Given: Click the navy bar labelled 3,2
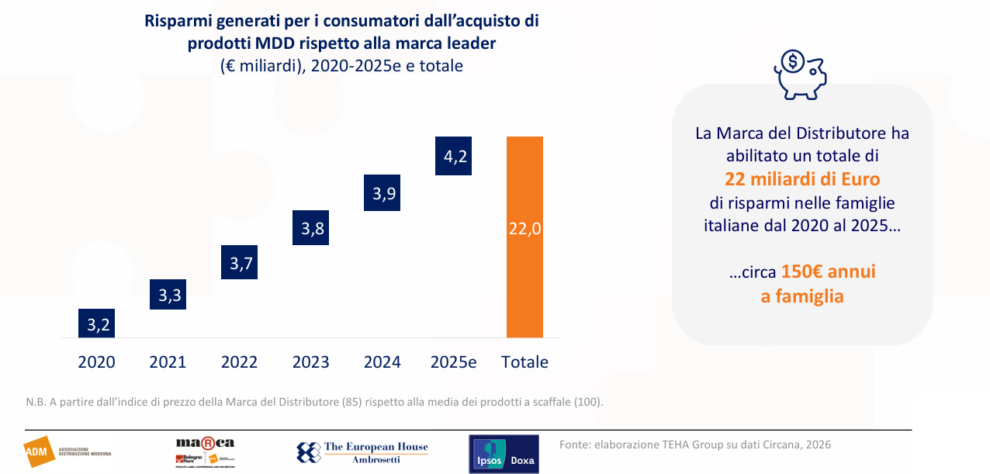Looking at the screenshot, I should [x=98, y=323].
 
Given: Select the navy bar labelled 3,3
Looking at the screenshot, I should [x=168, y=294].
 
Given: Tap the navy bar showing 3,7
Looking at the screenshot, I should [x=240, y=263].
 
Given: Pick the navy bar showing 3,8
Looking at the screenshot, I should [x=311, y=228].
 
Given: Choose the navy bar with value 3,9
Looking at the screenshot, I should [x=382, y=193].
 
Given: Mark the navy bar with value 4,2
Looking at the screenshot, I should [x=454, y=156].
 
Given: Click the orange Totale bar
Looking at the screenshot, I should [x=524, y=237].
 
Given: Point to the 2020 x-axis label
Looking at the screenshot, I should [x=97, y=362].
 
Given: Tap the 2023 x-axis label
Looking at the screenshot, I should [x=311, y=362].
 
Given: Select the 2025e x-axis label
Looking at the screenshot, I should [x=453, y=362].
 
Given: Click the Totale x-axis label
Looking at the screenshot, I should [x=525, y=362].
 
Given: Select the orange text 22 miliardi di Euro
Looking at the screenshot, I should [x=802, y=179].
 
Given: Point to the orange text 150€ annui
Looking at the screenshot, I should [x=828, y=272].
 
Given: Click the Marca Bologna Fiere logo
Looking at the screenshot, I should [x=205, y=452].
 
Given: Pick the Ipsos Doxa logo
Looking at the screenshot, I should [x=504, y=454].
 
